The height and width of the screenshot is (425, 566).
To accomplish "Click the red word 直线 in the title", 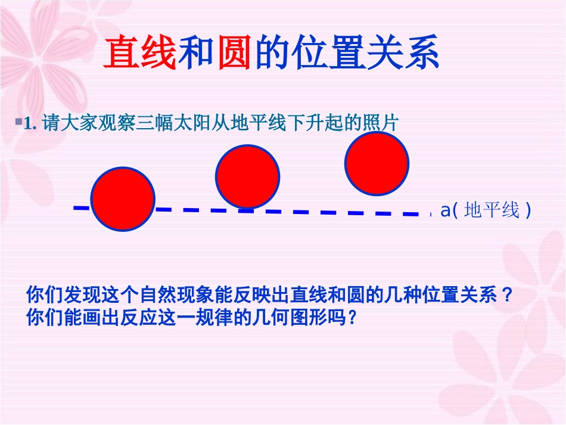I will pos(141,53).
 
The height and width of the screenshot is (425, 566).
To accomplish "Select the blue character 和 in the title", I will pos(196,53).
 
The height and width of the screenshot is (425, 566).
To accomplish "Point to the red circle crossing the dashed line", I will pos(123,198).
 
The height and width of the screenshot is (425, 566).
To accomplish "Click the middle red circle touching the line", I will pos(248,176).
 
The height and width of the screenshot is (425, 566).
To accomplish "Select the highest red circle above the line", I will pos(377,163).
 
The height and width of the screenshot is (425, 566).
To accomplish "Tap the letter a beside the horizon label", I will pos(444,210).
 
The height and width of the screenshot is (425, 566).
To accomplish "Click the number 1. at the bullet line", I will pos(31,123).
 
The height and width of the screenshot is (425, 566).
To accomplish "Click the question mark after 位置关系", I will pos(507,295).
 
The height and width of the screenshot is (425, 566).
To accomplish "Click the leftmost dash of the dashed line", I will pos(81,207).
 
